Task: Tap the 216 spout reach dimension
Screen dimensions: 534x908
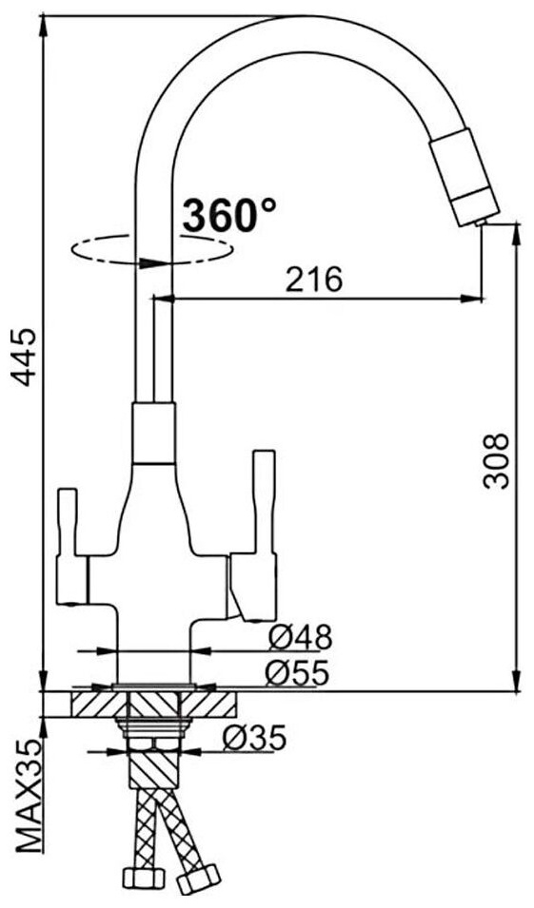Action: point(315,280)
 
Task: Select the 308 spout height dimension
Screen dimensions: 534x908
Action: point(497,460)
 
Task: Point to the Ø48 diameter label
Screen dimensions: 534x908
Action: point(300,638)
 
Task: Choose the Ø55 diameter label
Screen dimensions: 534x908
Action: point(297,672)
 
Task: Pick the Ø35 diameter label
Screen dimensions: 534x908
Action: point(255,738)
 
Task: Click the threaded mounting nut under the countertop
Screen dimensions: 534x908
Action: point(153,727)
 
